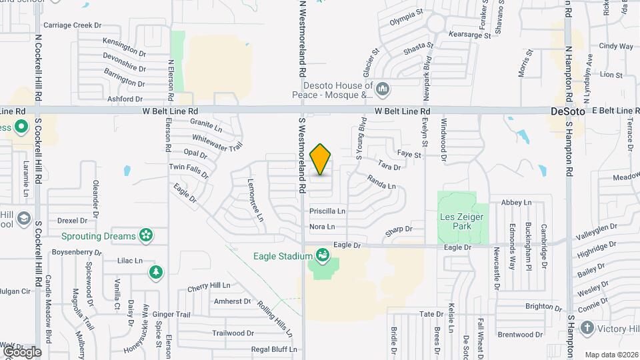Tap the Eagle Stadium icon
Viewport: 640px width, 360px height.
(x=322, y=255)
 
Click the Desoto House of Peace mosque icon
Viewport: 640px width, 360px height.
(x=383, y=89)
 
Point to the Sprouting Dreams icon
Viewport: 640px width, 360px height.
(x=146, y=235)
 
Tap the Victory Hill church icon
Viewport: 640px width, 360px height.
(x=587, y=328)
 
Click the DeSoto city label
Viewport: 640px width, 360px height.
(x=567, y=111)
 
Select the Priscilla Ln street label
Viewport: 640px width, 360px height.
(x=327, y=211)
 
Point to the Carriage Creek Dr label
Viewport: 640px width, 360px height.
(x=72, y=25)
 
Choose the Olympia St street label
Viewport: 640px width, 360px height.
(x=406, y=13)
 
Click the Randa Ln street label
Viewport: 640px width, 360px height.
(x=381, y=182)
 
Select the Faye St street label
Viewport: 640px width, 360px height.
(x=409, y=155)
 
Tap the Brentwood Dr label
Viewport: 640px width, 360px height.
(x=521, y=334)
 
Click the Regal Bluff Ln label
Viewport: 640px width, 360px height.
(x=273, y=349)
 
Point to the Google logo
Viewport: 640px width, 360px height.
(x=21, y=351)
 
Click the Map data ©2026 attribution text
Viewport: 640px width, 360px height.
(x=611, y=355)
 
